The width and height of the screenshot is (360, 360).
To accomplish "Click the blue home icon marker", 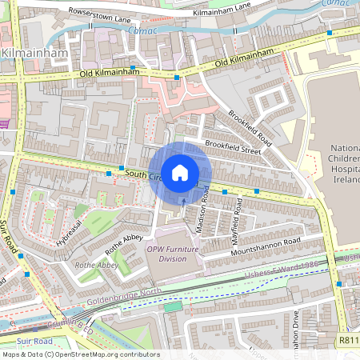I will [180, 173].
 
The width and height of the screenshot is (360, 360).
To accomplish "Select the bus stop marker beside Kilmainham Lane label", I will [329, 33].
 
